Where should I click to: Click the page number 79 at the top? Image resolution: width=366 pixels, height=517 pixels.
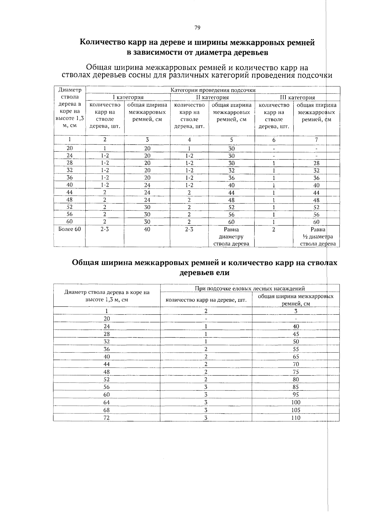(x=197, y=28)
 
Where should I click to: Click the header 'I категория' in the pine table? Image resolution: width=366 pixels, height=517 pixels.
(x=128, y=97)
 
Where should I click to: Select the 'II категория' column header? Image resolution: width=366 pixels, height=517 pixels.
(x=212, y=97)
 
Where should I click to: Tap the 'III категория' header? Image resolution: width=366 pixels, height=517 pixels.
(x=297, y=97)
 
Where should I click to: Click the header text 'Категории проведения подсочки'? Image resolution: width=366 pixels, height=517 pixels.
(x=213, y=90)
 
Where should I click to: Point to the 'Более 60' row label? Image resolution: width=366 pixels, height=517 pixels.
(x=70, y=229)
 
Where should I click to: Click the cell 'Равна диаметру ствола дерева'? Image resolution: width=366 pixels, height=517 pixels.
(x=231, y=237)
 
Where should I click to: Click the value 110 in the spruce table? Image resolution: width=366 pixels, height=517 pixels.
(x=296, y=418)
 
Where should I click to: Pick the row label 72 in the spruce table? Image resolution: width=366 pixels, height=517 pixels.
(x=106, y=418)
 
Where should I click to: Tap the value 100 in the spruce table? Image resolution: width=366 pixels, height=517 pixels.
(x=296, y=402)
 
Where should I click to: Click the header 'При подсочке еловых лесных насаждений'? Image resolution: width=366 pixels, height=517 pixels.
(x=249, y=288)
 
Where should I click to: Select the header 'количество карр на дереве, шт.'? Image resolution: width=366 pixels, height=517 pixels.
(x=206, y=300)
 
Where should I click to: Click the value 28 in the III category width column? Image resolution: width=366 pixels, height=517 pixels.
(x=316, y=163)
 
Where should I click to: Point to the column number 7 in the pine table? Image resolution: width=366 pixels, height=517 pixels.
(x=316, y=140)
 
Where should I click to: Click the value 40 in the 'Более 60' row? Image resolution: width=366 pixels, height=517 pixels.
(x=147, y=229)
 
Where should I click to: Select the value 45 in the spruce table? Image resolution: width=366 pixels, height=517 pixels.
(x=296, y=334)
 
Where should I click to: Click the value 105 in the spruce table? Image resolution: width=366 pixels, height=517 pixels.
(x=296, y=410)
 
